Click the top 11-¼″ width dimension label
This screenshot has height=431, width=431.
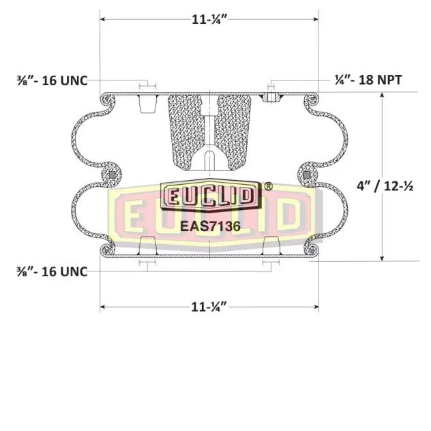tap(209, 20)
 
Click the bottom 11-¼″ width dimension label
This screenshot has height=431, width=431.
tap(209, 307)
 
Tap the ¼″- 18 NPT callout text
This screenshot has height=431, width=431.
tap(368, 80)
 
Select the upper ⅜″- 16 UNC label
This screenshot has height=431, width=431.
tap(53, 80)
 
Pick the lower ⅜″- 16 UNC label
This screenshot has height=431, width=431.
tap(53, 271)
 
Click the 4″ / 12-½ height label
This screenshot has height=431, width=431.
tap(385, 186)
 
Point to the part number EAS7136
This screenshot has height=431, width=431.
tap(210, 226)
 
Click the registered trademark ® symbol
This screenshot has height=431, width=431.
tap(268, 187)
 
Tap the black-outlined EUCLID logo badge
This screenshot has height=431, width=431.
tap(211, 194)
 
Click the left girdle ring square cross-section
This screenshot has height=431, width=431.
tap(112, 175)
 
